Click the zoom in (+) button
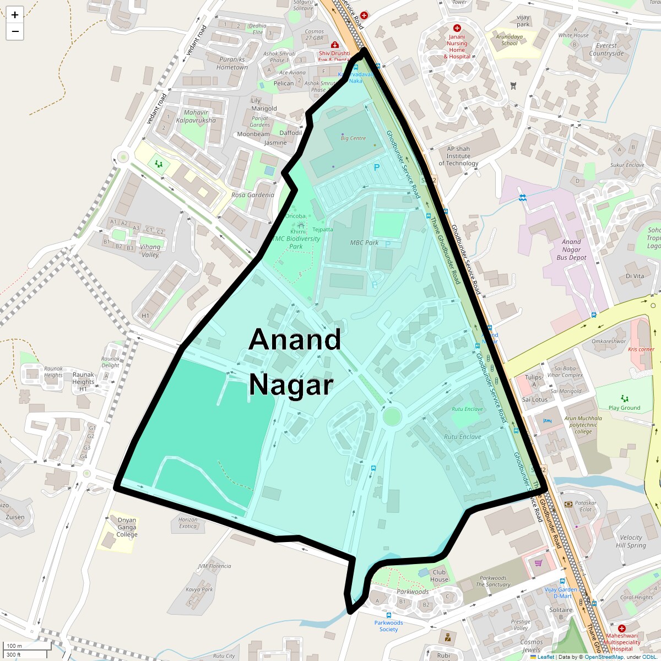click(15, 15)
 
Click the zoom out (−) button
click(15, 31)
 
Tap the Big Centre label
click(353, 138)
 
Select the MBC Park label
click(364, 242)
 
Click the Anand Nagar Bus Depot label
click(571, 250)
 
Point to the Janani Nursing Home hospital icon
click(457, 28)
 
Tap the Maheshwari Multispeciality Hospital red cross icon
click(622, 629)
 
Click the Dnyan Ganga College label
click(127, 527)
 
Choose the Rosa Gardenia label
click(253, 195)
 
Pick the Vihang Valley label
click(150, 251)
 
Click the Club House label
click(439, 576)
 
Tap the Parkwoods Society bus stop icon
click(389, 616)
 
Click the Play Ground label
click(625, 408)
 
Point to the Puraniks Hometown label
click(232, 63)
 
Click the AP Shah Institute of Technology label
click(458, 156)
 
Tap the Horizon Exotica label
click(188, 523)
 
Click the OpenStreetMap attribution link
click(604, 657)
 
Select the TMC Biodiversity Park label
click(296, 242)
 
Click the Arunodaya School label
click(509, 40)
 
